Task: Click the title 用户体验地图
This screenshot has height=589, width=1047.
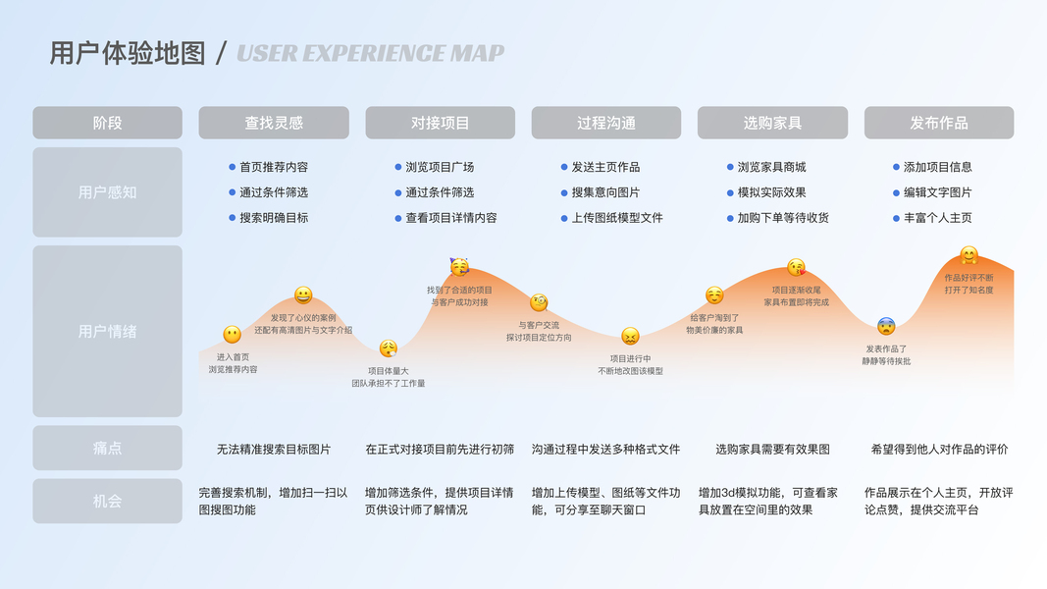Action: [127, 53]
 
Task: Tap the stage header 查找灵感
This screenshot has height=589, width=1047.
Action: [274, 123]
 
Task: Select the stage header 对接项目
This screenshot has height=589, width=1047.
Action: [440, 123]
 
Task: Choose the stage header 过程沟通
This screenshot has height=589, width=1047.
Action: [606, 123]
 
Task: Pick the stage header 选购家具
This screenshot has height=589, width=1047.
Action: [772, 123]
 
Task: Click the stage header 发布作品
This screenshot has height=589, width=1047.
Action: [939, 123]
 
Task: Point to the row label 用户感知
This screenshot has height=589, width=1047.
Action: [108, 192]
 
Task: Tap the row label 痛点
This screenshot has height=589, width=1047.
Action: [108, 449]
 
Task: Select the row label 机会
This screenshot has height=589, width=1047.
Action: [108, 501]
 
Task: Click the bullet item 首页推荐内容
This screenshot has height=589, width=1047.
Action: [274, 167]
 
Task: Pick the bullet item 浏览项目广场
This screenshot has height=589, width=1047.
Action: [440, 167]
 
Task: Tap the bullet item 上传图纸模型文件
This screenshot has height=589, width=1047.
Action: [617, 218]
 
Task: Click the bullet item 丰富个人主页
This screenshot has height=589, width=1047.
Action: [938, 218]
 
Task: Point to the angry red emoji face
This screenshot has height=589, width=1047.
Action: [630, 336]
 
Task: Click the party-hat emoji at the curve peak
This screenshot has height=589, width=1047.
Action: [459, 267]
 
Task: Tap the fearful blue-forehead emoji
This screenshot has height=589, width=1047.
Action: [886, 326]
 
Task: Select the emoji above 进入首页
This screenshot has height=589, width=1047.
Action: [233, 335]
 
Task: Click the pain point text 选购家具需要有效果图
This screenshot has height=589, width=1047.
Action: [772, 450]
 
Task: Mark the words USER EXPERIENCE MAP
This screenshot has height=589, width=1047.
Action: [371, 53]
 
